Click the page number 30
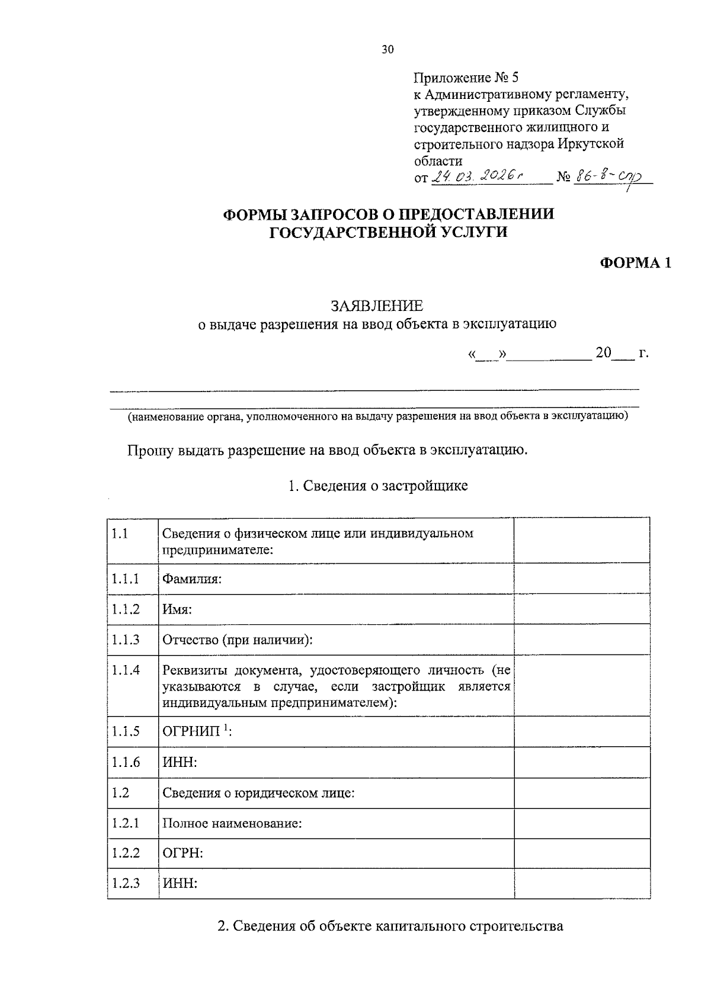click(x=387, y=50)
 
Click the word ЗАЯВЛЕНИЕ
click(x=377, y=306)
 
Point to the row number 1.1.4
click(x=126, y=670)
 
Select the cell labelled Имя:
click(x=177, y=609)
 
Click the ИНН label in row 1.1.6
click(x=180, y=762)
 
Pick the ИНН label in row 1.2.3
click(x=180, y=884)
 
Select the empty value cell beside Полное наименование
click(x=581, y=823)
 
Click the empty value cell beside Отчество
click(x=581, y=640)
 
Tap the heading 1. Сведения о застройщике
click(x=377, y=486)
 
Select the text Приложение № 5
click(x=466, y=78)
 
